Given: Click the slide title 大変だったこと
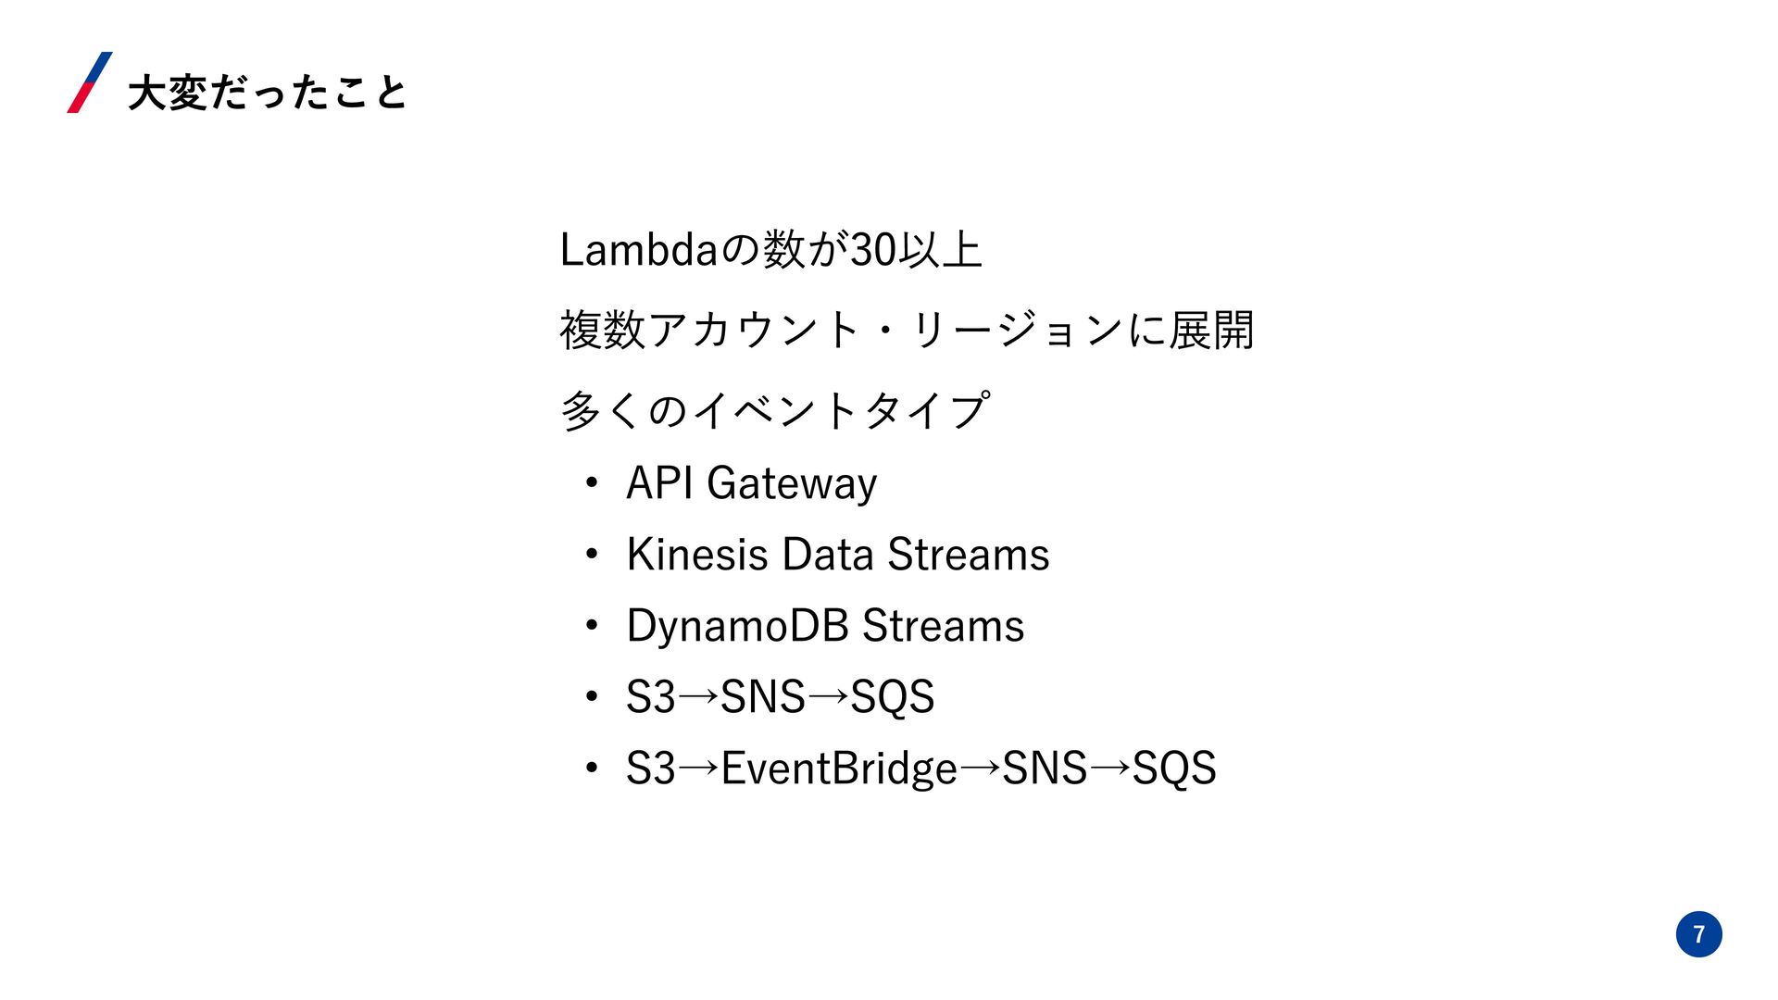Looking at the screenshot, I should point(267,93).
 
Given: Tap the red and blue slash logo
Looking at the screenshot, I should point(90,82).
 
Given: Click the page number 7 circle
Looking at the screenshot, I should point(1698,933).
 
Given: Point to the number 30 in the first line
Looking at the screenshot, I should point(873,250).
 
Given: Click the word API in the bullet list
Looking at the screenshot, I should point(659,482).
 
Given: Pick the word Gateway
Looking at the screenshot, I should point(792,484).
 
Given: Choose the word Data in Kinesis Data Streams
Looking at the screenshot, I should point(828,555).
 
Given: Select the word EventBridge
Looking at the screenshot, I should point(839,769).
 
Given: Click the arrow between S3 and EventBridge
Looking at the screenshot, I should point(698,768).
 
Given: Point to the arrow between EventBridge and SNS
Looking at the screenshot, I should point(980,768).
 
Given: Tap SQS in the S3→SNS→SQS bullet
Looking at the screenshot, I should point(892,697).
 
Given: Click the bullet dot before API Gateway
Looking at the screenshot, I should point(592,483).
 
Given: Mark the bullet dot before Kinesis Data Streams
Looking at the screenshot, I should point(592,555).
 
